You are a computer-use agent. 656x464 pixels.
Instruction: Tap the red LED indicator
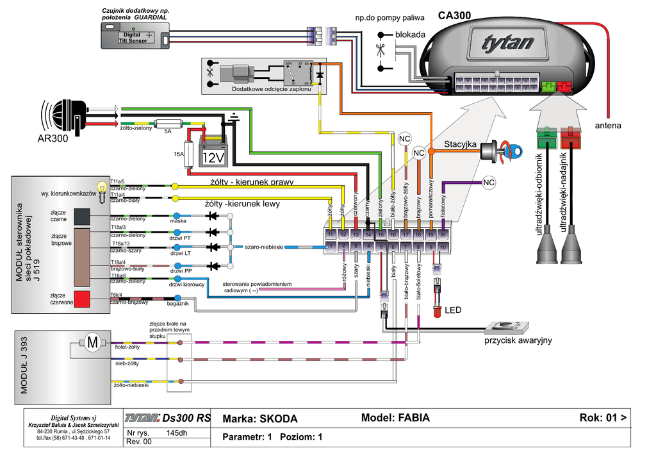coord(437,311)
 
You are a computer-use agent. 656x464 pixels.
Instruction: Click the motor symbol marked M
coord(93,342)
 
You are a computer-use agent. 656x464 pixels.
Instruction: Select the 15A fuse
coord(190,154)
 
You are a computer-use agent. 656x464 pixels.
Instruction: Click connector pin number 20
coord(443,235)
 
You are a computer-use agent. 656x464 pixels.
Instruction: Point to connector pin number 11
coord(331,235)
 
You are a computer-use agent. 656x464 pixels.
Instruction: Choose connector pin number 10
coord(443,247)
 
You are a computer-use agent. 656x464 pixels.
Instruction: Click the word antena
coord(608,126)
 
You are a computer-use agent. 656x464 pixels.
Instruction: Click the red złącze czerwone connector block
coord(81,299)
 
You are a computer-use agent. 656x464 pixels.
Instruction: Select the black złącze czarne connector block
coord(81,217)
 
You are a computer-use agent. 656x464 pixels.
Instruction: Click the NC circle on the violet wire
coord(488,183)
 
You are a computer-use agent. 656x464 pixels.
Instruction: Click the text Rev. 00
coord(139,442)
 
